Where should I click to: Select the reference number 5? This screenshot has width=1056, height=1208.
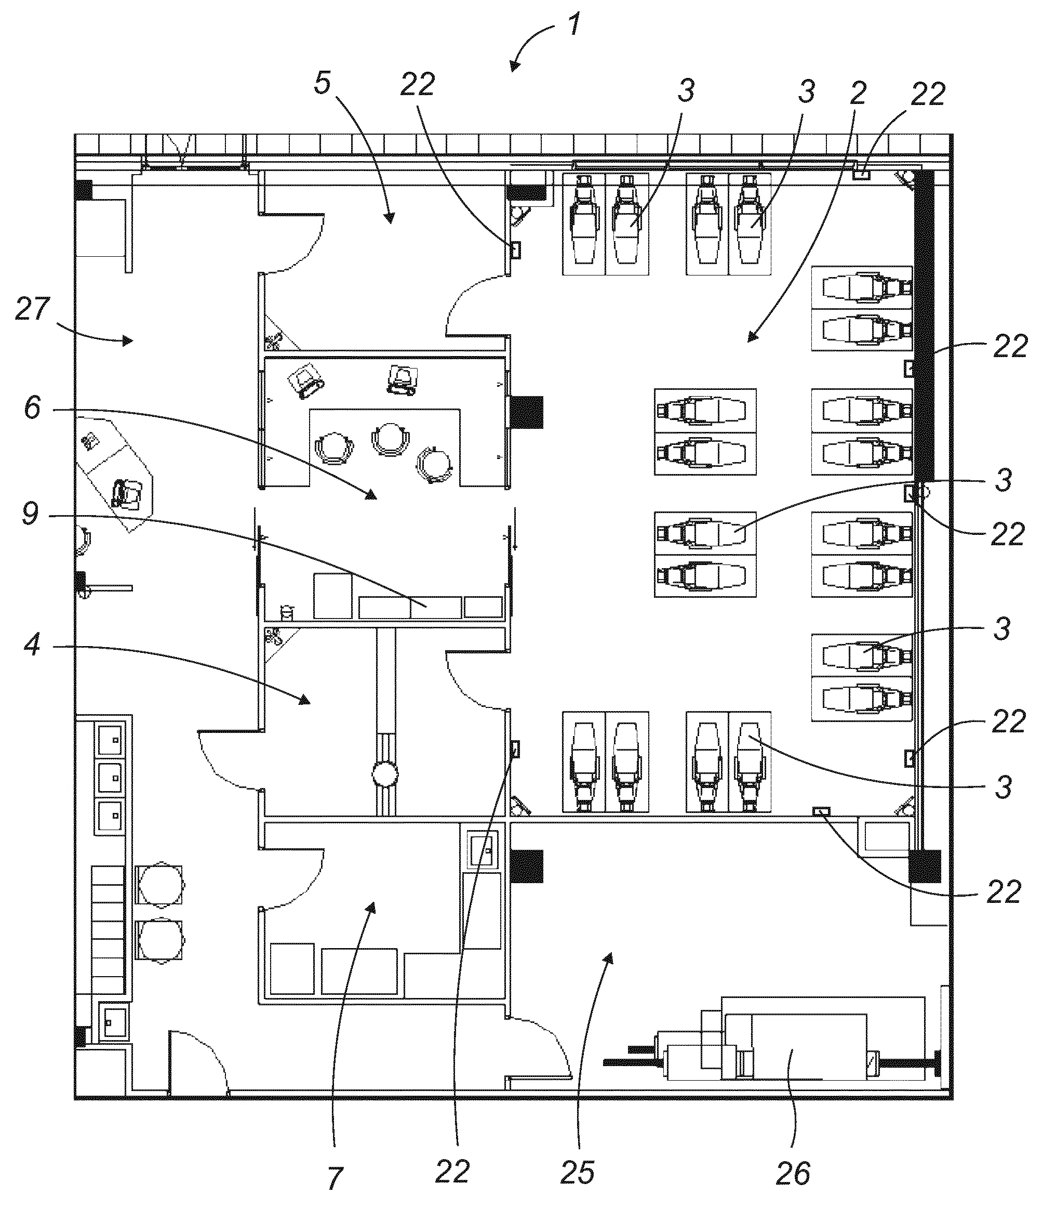pos(323,83)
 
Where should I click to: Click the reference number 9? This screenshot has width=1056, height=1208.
pos(31,514)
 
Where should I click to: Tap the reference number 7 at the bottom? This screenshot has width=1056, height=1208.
pos(334,1178)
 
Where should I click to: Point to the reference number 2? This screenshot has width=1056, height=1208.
pos(858,93)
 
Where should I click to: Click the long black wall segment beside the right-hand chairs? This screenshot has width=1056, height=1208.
pos(924,325)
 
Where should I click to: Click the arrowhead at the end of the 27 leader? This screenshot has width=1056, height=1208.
pos(127,340)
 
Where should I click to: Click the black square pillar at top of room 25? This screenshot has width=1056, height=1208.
pos(526,866)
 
